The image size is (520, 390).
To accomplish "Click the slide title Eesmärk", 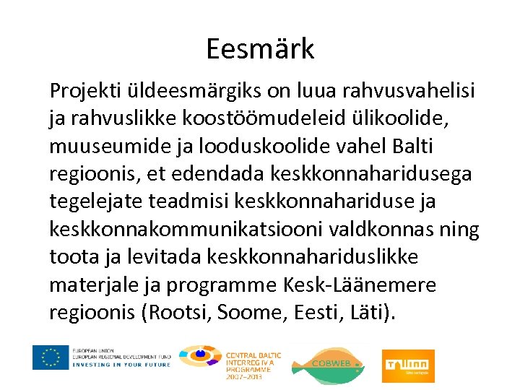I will click(x=260, y=49).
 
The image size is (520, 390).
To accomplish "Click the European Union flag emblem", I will click(x=51, y=357).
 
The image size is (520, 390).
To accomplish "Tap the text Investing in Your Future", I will click(x=121, y=365).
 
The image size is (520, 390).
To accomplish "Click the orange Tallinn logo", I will click(x=409, y=360).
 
